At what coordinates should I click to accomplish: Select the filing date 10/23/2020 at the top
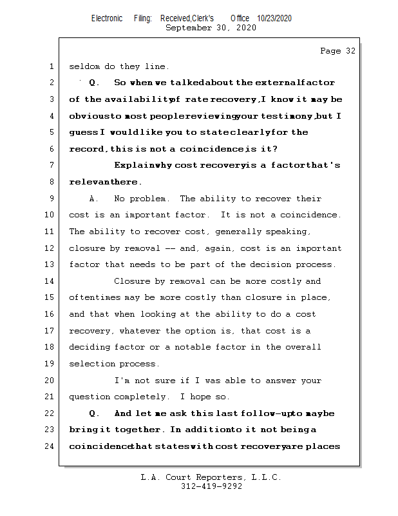(x=274, y=19)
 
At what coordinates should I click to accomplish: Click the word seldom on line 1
(x=84, y=66)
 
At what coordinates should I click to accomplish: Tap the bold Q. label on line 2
(x=94, y=83)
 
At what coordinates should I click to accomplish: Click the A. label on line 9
(x=94, y=199)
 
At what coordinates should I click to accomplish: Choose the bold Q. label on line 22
(x=94, y=413)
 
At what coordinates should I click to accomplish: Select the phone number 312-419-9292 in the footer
(x=211, y=487)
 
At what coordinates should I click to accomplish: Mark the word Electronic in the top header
(x=107, y=19)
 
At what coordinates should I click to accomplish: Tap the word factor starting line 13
(x=84, y=265)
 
